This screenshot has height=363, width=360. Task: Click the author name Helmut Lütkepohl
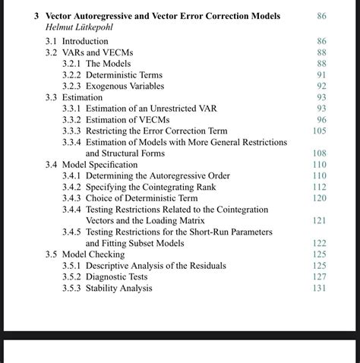78,27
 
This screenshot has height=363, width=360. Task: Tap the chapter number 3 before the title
36,16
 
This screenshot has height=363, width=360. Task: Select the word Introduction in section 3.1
85,41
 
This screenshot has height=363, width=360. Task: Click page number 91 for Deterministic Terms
321,75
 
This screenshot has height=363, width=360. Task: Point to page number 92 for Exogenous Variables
321,87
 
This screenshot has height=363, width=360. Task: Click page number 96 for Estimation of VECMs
321,120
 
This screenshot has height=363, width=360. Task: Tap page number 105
319,131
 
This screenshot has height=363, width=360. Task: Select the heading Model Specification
99,165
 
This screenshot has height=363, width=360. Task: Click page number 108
319,153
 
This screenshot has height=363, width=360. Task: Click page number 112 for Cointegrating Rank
319,187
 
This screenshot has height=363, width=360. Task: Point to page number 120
319,198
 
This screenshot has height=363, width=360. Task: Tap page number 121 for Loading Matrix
319,220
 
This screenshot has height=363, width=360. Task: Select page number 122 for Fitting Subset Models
319,243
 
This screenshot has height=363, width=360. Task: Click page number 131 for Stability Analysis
319,288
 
